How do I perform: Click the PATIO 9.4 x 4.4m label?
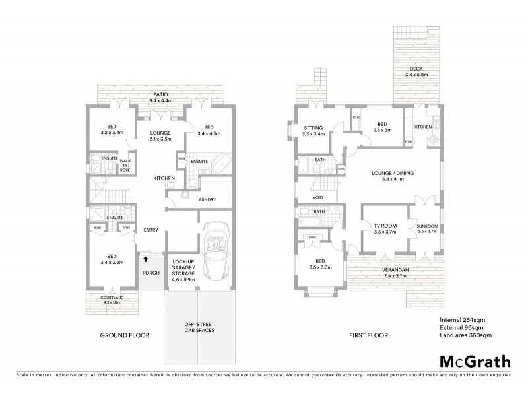point(162,98)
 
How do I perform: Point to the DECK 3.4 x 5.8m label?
point(416,71)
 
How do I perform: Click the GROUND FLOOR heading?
point(125,335)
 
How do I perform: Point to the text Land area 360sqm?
point(466,335)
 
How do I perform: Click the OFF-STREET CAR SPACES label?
point(198,327)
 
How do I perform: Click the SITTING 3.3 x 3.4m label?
point(313,131)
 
